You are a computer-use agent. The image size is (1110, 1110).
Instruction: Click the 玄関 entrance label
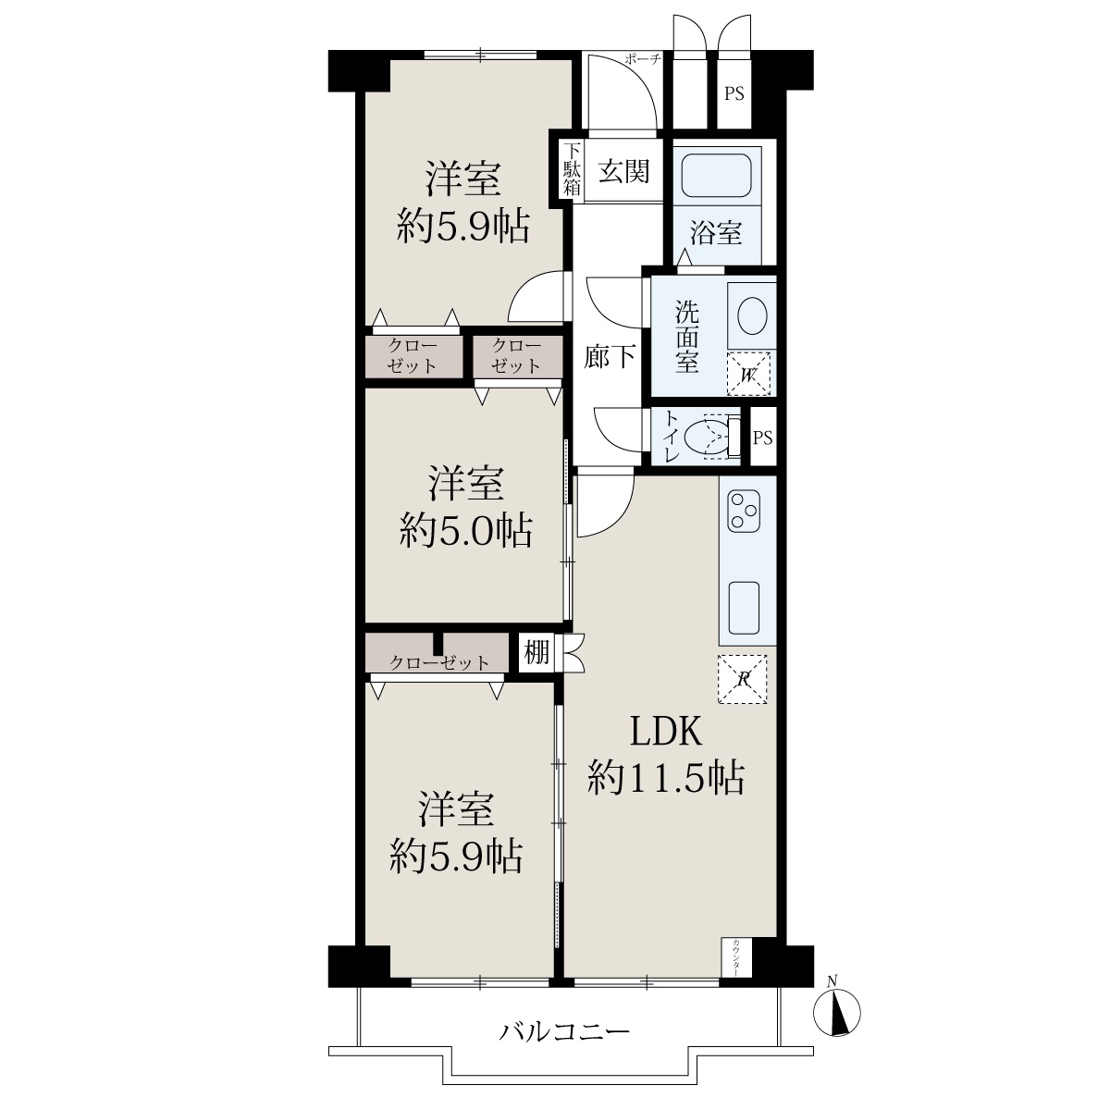(623, 172)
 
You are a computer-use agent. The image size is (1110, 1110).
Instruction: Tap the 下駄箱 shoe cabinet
(571, 170)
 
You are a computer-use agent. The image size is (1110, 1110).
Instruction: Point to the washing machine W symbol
(748, 374)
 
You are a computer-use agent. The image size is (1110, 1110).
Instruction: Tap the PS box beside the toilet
(762, 437)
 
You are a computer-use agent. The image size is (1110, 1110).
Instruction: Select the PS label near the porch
(734, 93)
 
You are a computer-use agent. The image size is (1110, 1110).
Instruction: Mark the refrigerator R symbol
(742, 679)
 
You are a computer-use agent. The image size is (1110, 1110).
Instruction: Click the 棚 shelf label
(536, 653)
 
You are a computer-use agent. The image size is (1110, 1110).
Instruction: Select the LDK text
(666, 732)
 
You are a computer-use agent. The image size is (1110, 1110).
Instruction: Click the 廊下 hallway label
(609, 357)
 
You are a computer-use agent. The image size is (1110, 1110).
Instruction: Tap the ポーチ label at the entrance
(642, 58)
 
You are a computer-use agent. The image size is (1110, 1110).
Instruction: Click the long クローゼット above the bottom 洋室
(437, 653)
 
